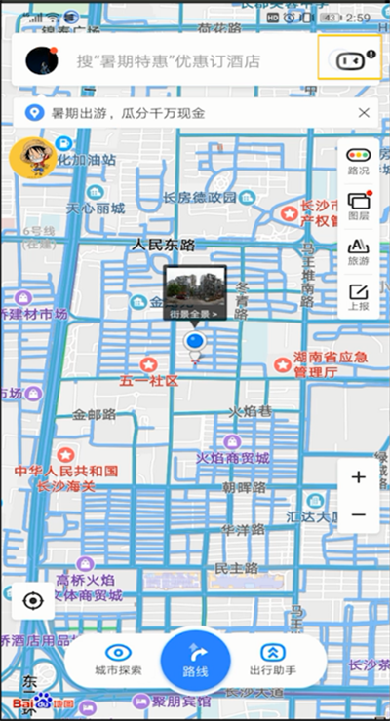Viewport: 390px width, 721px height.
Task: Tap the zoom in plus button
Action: coord(358,477)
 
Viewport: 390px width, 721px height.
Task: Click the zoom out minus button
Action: coord(358,514)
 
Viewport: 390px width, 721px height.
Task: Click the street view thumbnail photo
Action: coord(195,288)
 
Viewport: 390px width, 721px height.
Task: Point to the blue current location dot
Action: coord(195,342)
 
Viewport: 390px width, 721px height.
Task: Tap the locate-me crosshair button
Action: coord(34,600)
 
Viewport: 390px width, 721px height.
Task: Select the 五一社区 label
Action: coord(148,380)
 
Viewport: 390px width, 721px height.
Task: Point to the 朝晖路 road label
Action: coord(244,487)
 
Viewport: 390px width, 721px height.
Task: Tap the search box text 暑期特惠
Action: coord(168,60)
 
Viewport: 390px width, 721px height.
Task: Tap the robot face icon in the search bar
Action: coord(349,59)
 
